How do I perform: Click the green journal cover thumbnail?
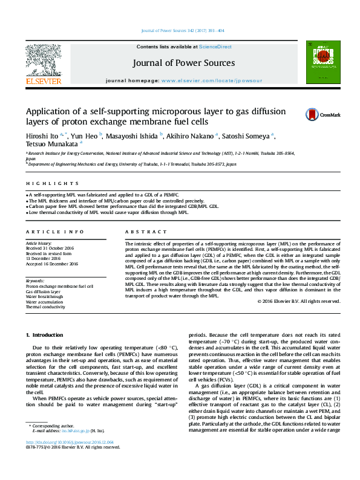pyautogui.click(x=318, y=61)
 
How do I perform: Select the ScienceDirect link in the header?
pyautogui.click(x=215, y=47)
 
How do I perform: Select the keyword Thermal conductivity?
pyautogui.click(x=45, y=307)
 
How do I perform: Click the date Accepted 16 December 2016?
pyautogui.click(x=52, y=264)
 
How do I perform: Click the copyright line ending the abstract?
pyautogui.click(x=299, y=301)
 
